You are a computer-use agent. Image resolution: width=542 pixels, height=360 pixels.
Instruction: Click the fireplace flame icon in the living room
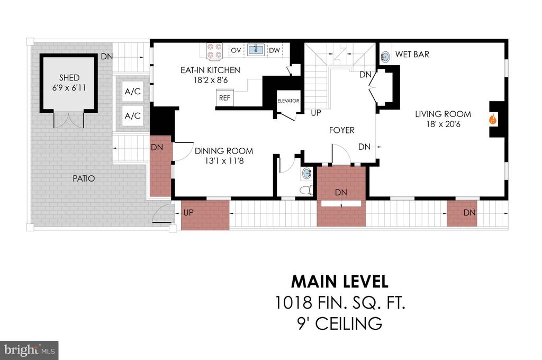click(x=493, y=120)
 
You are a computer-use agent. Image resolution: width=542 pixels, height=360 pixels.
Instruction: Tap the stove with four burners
click(x=214, y=51)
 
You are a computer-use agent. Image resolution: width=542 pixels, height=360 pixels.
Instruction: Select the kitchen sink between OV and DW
click(x=256, y=49)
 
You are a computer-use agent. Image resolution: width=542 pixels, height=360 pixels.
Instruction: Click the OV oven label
click(x=236, y=50)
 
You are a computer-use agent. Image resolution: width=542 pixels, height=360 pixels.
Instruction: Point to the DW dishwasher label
click(x=275, y=50)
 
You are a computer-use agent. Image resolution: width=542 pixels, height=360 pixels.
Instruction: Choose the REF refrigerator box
click(x=224, y=98)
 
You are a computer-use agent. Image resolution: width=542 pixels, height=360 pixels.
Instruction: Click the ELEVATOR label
click(x=288, y=101)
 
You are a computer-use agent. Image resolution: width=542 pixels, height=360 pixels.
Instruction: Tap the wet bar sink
click(x=385, y=57)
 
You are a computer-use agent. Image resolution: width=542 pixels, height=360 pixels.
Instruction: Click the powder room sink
click(x=306, y=173)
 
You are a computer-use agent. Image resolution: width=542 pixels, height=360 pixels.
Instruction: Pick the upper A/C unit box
click(x=133, y=92)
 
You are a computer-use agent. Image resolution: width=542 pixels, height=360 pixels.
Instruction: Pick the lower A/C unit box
click(x=133, y=116)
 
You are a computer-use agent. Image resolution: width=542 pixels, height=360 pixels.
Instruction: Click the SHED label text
click(x=69, y=78)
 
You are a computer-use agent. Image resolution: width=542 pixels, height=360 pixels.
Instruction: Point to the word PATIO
click(x=84, y=178)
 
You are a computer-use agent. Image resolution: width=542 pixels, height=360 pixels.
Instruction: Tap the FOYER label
click(x=341, y=130)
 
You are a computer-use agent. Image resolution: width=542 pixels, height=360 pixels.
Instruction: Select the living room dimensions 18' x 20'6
click(x=443, y=124)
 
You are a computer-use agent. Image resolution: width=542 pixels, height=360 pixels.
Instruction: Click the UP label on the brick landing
click(x=188, y=212)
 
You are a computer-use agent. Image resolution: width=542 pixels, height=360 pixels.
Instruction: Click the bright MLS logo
click(x=29, y=350)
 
